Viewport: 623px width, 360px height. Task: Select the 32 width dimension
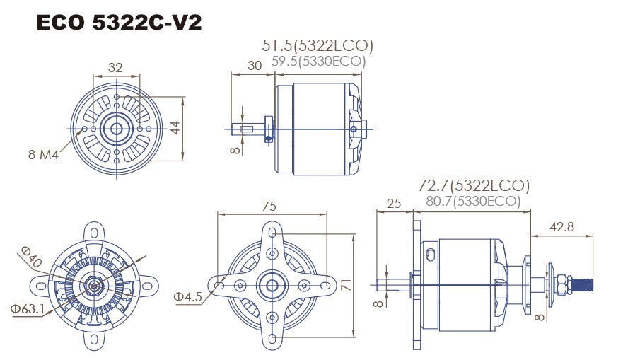click(116, 68)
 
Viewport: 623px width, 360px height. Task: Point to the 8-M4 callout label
click(42, 153)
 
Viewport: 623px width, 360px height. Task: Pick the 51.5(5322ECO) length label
click(318, 46)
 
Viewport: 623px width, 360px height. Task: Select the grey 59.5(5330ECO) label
click(318, 62)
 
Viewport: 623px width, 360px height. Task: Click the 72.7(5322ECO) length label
click(473, 186)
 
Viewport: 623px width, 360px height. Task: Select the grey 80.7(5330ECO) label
click(473, 202)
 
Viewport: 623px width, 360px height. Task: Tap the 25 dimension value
click(395, 204)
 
